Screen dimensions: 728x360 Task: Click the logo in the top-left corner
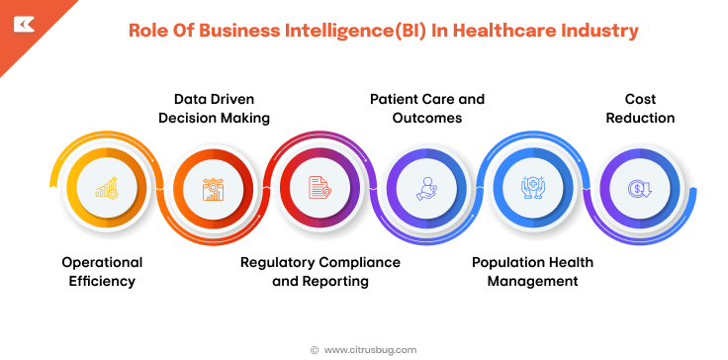click(x=23, y=25)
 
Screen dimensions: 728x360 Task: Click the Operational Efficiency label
click(x=102, y=272)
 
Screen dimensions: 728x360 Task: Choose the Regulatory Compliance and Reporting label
click(x=320, y=272)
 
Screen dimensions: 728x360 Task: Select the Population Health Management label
click(x=525, y=272)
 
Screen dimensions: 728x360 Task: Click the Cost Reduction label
click(x=640, y=109)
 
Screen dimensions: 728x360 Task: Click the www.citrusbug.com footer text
click(x=370, y=349)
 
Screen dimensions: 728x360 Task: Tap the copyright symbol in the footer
click(x=315, y=349)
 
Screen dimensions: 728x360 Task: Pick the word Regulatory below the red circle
click(x=278, y=262)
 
